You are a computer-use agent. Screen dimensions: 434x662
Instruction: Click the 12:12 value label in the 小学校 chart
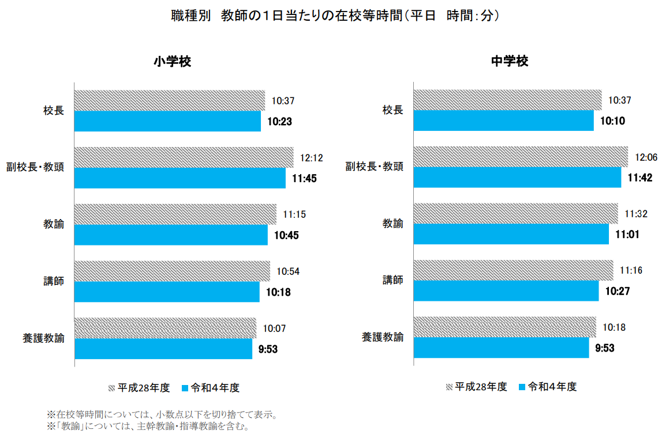(x=312, y=157)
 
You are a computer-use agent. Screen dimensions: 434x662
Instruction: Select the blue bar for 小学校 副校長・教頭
(x=180, y=178)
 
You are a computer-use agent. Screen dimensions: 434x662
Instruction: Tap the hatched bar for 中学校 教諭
(x=515, y=213)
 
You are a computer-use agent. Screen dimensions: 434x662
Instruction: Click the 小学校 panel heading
(x=172, y=62)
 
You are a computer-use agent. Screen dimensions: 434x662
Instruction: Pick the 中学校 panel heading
(x=510, y=62)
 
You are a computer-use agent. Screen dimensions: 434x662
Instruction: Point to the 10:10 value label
(x=614, y=121)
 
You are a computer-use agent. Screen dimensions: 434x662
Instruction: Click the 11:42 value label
(x=640, y=178)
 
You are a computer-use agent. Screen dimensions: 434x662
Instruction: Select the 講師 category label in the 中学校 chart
(x=393, y=281)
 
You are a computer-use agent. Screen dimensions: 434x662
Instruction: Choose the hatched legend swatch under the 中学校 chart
(x=449, y=387)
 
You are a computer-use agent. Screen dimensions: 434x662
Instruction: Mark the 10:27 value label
(x=618, y=292)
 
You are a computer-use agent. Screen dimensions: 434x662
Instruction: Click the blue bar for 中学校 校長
(x=504, y=121)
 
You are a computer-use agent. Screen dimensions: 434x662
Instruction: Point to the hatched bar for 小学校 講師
(x=172, y=270)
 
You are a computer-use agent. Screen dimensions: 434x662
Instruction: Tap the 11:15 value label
(x=294, y=214)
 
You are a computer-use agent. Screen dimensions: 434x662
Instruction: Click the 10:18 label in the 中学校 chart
(x=614, y=327)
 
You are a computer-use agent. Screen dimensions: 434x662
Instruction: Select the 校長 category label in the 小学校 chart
(x=53, y=110)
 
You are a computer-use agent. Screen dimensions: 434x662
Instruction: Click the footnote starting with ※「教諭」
(x=148, y=427)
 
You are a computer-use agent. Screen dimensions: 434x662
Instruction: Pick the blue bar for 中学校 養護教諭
(x=501, y=348)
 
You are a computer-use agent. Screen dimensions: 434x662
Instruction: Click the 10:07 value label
(x=275, y=329)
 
